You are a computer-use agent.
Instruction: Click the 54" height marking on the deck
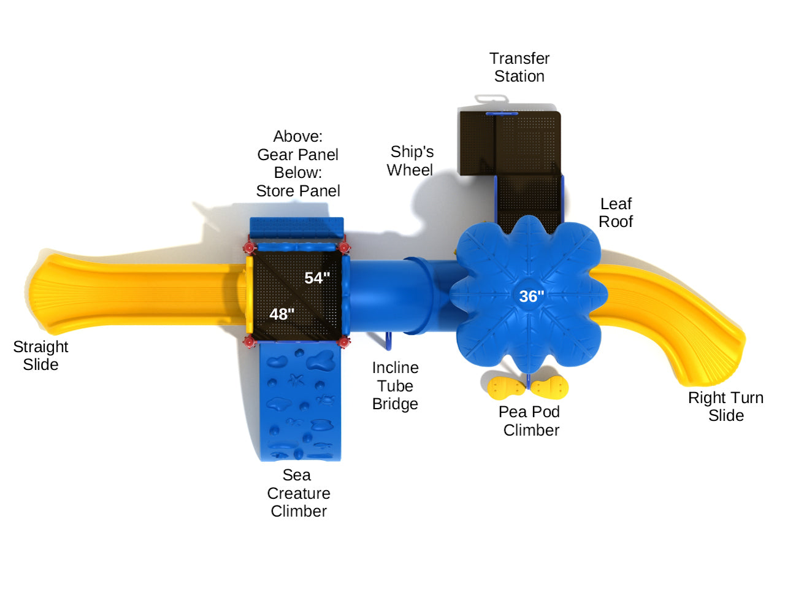(x=317, y=278)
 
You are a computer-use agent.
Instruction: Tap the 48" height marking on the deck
(x=281, y=314)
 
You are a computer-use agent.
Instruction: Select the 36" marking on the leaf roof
(x=531, y=296)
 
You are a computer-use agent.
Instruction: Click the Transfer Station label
(x=519, y=67)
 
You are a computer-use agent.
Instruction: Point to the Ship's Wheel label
(x=410, y=161)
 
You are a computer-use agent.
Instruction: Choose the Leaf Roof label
(x=616, y=212)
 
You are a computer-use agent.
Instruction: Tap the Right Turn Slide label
(x=726, y=406)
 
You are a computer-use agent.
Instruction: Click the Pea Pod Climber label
(x=530, y=421)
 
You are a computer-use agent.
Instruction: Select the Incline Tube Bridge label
(x=395, y=386)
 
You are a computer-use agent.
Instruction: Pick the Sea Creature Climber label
(x=298, y=493)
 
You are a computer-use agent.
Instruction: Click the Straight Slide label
(x=40, y=355)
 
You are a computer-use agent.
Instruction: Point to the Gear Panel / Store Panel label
(x=298, y=163)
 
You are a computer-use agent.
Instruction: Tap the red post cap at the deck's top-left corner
(x=249, y=247)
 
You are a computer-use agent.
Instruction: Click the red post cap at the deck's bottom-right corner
(x=344, y=342)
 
